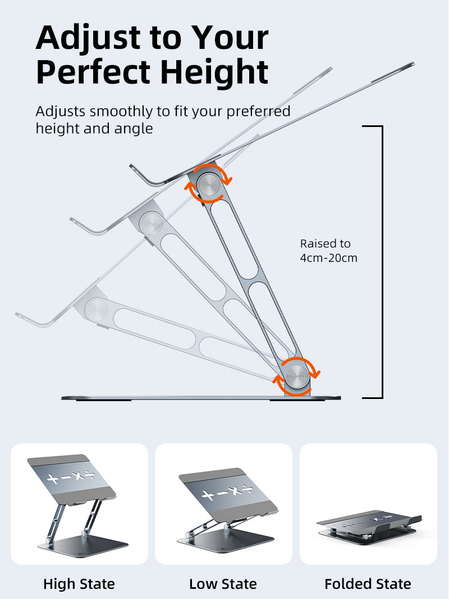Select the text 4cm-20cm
click(x=329, y=258)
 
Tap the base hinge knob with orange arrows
click(x=297, y=375)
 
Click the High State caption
click(x=79, y=584)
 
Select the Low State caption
click(x=223, y=584)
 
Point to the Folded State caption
click(x=368, y=584)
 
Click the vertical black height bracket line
click(x=382, y=261)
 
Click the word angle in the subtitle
click(x=134, y=129)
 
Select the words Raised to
click(x=326, y=243)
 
